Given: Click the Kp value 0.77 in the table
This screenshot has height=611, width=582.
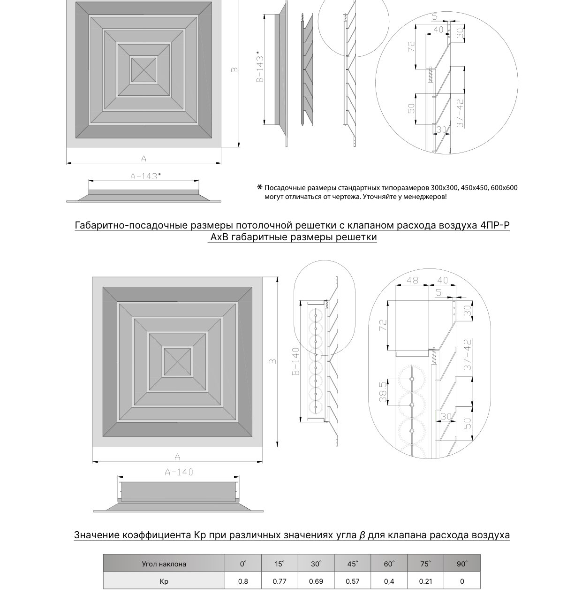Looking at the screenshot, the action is [280, 581].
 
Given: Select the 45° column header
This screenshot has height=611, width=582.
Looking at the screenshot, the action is [353, 564].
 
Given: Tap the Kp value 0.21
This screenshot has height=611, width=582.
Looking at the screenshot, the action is [425, 581].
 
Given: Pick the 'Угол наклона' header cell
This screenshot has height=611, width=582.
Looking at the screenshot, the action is [164, 564].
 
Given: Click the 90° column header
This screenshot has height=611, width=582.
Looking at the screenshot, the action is [462, 564].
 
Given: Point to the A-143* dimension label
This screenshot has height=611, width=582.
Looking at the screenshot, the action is [145, 176].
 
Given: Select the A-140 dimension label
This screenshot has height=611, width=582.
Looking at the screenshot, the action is [179, 472].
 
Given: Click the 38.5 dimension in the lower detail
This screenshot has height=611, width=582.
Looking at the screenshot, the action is [383, 391].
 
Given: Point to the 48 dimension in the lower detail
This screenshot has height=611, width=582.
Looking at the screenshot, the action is [412, 280].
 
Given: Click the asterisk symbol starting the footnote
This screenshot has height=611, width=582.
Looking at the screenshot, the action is [260, 187].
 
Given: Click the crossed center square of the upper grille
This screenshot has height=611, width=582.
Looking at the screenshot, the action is [144, 70].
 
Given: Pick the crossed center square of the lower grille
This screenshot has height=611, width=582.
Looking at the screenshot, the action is [177, 362].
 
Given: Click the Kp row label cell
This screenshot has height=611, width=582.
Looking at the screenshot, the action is [164, 581].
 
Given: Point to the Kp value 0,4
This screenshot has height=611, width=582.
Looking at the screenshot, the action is [389, 581].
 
